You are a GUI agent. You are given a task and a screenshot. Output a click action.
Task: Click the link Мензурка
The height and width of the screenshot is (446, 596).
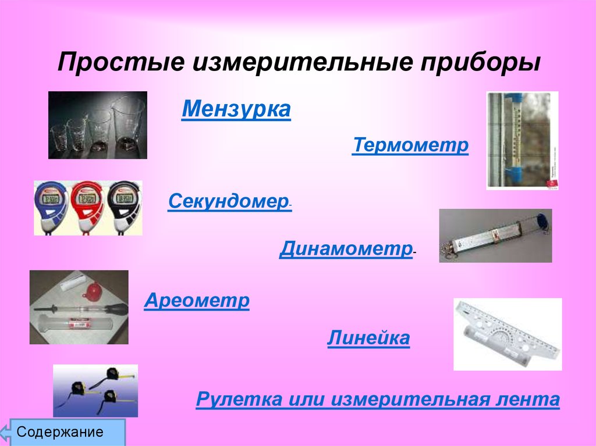tap(236, 109)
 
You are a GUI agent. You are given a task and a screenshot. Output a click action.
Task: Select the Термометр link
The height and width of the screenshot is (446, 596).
tap(410, 145)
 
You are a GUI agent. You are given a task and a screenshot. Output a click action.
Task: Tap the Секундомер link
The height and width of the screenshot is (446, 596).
tap(228, 201)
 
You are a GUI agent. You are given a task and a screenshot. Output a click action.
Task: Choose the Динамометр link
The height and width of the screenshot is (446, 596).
tap(346, 249)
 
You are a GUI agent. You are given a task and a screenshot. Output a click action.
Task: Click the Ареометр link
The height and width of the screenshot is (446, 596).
tap(197, 301)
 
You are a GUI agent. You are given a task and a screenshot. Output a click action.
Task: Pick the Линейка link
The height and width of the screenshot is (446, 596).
tap(368, 338)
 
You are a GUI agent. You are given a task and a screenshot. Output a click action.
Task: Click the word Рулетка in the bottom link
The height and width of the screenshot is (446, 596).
tap(239, 399)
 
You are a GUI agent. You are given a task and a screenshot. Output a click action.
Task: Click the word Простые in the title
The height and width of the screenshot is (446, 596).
tap(121, 62)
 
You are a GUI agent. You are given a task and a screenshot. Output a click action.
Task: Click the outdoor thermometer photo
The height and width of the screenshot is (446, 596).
tap(522, 141)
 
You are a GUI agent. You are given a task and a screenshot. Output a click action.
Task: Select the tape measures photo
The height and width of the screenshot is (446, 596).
tap(95, 391)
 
